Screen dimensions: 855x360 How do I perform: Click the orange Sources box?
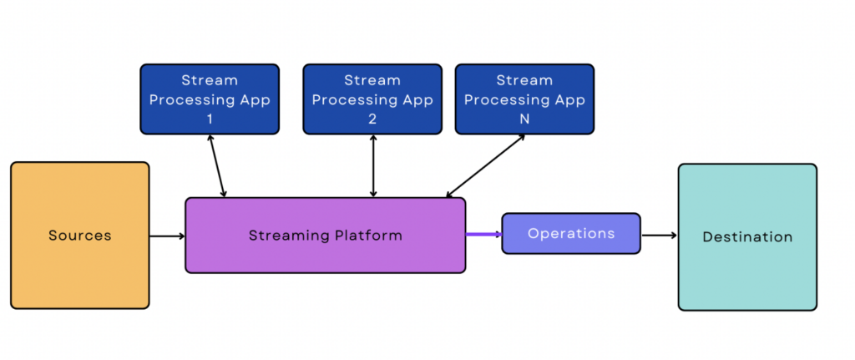point(79,235)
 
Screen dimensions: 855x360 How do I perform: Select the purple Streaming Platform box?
point(326,235)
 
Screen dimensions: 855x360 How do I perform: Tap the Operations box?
point(571,233)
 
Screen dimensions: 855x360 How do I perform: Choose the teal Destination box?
point(747,236)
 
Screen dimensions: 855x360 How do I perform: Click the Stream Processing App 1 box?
point(210,99)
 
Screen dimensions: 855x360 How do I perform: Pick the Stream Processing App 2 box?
point(372,99)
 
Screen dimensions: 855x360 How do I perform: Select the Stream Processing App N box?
point(524,99)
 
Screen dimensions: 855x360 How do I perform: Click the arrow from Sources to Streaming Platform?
point(167,236)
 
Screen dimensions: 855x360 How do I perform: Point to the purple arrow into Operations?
point(484,235)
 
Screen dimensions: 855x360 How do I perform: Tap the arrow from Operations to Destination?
point(660,236)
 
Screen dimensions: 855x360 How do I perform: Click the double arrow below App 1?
point(217,166)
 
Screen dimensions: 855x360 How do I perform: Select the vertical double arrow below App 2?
point(373,166)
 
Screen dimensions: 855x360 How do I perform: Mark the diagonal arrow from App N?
point(485,166)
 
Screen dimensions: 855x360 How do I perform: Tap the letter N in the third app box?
point(524,119)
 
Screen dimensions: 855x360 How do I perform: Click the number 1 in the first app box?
point(210,119)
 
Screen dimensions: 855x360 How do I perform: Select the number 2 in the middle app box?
point(372,119)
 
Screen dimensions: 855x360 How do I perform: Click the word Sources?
point(79,235)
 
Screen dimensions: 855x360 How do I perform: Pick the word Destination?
point(747,236)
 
